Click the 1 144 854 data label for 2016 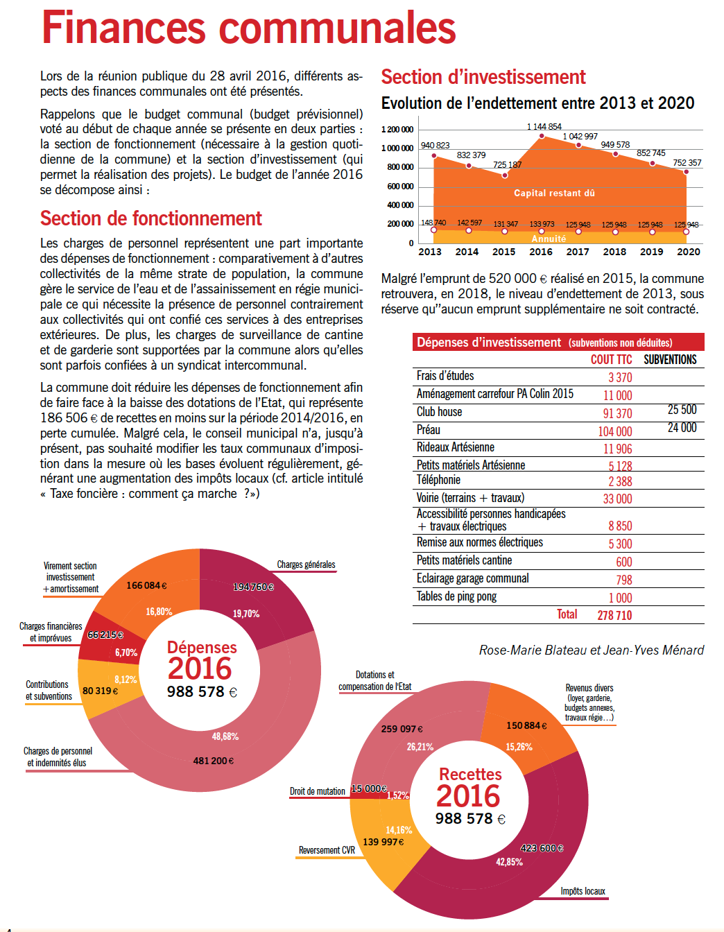click(x=544, y=126)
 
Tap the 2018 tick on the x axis click(x=614, y=252)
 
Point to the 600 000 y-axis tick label click(x=400, y=186)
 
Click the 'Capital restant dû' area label click(x=554, y=193)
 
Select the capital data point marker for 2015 click(x=505, y=175)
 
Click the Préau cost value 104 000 click(x=615, y=431)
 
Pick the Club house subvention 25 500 click(x=682, y=410)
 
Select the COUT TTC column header click(x=611, y=359)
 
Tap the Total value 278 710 click(x=614, y=615)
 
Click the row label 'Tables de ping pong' click(x=456, y=596)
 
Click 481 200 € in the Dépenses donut click(x=213, y=761)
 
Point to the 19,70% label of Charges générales click(x=246, y=614)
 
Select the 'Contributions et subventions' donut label click(x=49, y=690)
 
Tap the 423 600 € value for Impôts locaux click(x=542, y=848)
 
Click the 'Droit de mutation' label click(x=318, y=791)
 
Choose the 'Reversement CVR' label click(x=327, y=850)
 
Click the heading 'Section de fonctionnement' click(x=151, y=218)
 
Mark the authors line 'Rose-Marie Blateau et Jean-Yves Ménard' click(x=592, y=650)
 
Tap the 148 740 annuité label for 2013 click(x=433, y=223)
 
